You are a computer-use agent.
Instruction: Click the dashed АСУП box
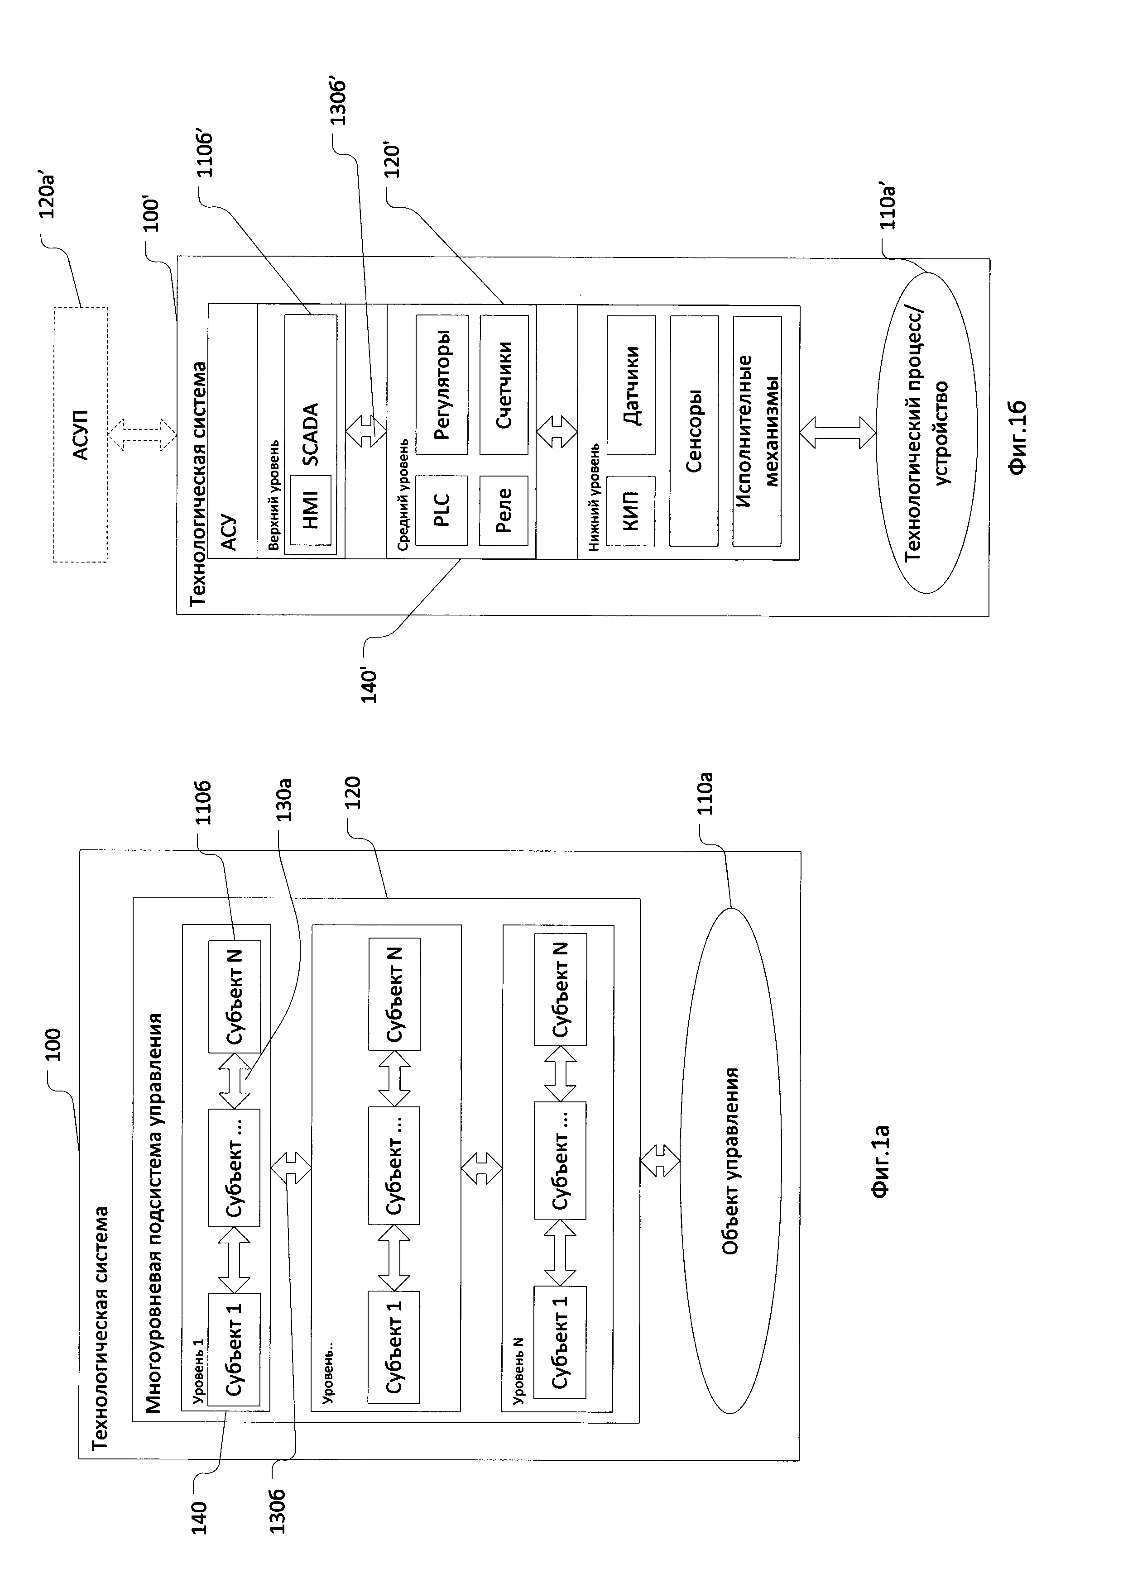(x=81, y=435)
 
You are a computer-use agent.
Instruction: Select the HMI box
(x=311, y=510)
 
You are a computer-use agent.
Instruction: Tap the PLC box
(x=442, y=510)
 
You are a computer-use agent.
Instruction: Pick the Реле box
(x=504, y=510)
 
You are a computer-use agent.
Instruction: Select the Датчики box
(x=631, y=385)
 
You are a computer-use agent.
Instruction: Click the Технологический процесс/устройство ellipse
(x=926, y=433)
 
